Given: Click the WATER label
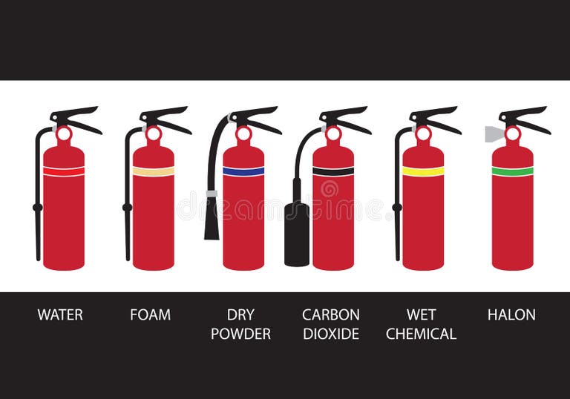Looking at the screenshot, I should click(60, 314).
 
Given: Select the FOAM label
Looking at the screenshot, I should click(150, 314).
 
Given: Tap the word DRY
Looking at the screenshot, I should click(240, 314).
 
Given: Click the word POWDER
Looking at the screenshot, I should click(240, 334).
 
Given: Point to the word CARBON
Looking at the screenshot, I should click(330, 314).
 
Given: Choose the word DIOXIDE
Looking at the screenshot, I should click(330, 334).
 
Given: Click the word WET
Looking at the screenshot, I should click(421, 314).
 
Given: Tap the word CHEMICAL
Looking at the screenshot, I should click(421, 334).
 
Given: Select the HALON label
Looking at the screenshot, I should click(511, 314).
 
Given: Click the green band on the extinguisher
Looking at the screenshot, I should click(512, 171).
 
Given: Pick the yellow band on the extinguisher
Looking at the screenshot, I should click(423, 171).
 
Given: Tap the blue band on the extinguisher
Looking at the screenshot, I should click(243, 171).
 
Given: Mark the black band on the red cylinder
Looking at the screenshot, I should click(333, 171).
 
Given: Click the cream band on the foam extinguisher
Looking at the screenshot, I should click(154, 171).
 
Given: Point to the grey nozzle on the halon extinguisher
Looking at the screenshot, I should click(494, 133).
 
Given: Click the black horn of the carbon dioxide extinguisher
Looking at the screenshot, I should click(297, 234).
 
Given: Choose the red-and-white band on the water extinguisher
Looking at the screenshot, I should click(64, 171).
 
